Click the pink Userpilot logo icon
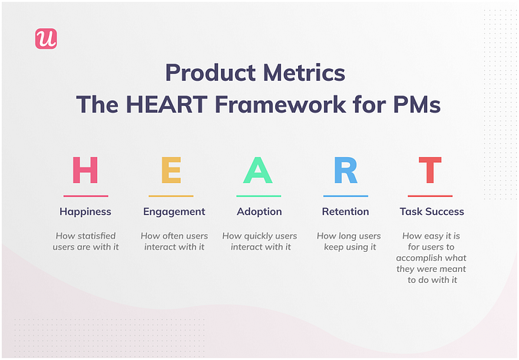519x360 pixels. point(46,39)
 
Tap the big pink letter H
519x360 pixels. point(85,170)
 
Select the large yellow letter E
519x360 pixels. point(171,170)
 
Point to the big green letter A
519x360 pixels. point(258,170)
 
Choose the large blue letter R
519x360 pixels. point(346,170)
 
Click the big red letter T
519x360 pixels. point(430,170)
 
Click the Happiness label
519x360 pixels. point(85,212)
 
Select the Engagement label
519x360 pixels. point(174,212)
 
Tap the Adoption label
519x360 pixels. point(259,212)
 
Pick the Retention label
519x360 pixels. point(346,212)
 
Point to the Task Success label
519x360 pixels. point(432,212)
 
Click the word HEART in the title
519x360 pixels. point(167,104)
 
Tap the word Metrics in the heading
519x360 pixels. point(304,73)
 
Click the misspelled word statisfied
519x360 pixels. point(97,236)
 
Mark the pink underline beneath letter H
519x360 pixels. point(86,196)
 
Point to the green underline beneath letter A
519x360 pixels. point(259,196)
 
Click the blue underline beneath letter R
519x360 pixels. point(346,196)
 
